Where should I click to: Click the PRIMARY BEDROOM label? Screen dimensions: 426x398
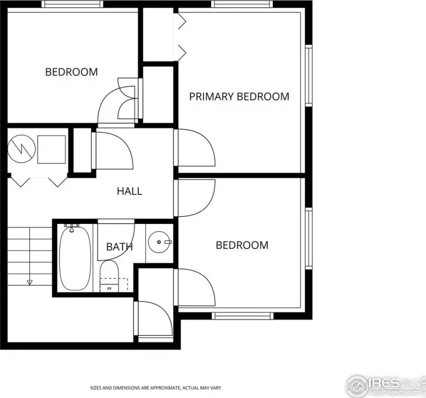[239, 96]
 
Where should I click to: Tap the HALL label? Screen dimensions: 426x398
[129, 191]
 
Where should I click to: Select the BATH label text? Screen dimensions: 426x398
[120, 247]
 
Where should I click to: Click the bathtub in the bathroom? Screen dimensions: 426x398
[75, 258]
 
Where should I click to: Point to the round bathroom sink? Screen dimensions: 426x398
[160, 242]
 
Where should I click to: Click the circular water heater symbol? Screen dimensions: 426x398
[21, 149]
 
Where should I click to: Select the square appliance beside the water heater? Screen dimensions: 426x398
[52, 149]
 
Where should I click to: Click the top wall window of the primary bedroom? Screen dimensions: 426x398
[242, 4]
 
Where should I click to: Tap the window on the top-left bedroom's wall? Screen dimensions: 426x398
[72, 4]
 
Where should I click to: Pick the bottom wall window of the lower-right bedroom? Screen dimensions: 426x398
[243, 316]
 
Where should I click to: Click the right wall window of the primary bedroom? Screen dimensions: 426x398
[309, 76]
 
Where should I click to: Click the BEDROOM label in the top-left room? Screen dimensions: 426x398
[71, 72]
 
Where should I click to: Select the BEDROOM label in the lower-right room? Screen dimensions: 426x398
[242, 245]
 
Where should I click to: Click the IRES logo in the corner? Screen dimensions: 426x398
[386, 386]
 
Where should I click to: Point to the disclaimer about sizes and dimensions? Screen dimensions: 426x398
[156, 388]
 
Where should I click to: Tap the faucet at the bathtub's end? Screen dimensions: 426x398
[72, 228]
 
